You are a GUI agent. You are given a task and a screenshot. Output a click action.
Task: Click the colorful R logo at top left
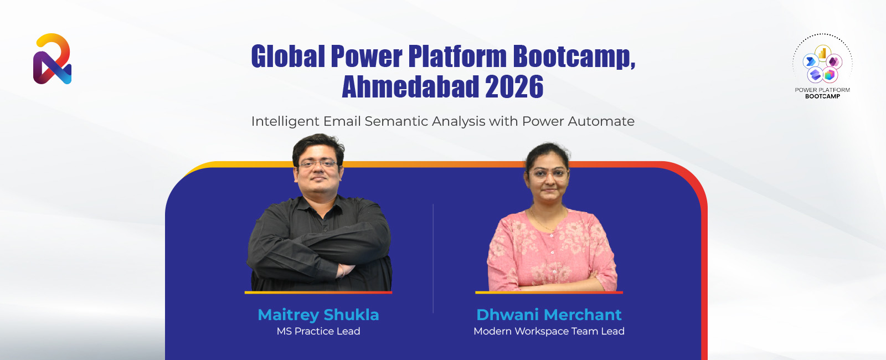tap(52, 59)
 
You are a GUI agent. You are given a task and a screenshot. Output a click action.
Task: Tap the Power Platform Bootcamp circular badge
tap(822, 65)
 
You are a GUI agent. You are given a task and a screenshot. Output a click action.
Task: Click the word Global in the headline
tap(287, 56)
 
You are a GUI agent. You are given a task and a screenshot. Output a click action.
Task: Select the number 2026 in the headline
tap(514, 87)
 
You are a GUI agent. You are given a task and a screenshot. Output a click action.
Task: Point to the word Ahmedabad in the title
tap(410, 87)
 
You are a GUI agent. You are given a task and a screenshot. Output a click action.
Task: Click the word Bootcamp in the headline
tap(574, 56)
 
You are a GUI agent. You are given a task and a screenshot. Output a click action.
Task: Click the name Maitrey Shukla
tap(318, 315)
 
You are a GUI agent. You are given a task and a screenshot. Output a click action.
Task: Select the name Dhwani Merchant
tap(549, 315)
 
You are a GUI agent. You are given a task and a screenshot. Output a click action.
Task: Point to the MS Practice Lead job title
tap(318, 331)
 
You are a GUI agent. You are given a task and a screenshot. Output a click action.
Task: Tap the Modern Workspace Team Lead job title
tap(549, 331)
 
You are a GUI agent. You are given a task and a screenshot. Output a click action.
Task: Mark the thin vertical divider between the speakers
tap(433, 258)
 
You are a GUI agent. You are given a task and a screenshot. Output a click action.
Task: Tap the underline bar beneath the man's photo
tap(318, 292)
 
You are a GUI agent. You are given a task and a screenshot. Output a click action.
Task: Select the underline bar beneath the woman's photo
tap(549, 292)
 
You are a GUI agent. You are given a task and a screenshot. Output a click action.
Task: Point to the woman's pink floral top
tap(551, 249)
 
